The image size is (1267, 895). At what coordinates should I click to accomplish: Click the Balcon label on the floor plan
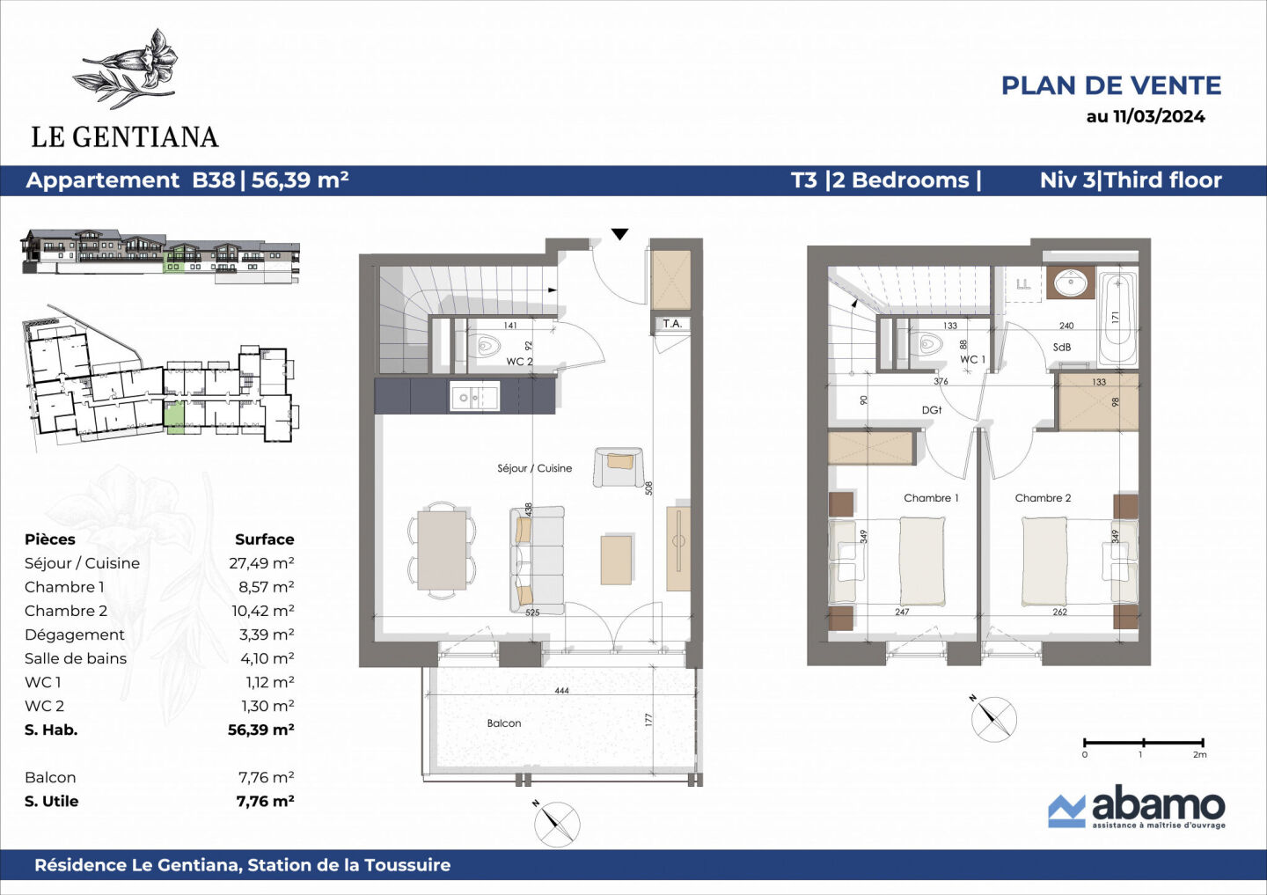[x=504, y=723]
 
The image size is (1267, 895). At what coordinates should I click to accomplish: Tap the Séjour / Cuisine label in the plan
[x=534, y=468]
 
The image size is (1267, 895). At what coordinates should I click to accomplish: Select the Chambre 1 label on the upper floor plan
[x=931, y=498]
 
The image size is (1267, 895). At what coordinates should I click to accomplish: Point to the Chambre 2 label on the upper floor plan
[x=1043, y=498]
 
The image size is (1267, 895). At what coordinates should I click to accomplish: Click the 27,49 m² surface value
[x=261, y=563]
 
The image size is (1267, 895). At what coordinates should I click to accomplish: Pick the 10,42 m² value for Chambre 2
[x=262, y=611]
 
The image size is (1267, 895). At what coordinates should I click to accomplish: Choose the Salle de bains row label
[x=76, y=658]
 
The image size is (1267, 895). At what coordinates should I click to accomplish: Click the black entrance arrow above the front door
[x=620, y=234]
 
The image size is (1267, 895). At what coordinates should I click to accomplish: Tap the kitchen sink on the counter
[x=474, y=397]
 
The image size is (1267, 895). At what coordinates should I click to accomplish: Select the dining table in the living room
[x=442, y=551]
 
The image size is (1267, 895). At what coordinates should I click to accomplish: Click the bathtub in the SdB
[x=1117, y=319]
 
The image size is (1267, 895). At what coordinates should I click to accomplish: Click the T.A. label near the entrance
[x=672, y=324]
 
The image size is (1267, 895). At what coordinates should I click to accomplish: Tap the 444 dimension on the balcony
[x=561, y=691]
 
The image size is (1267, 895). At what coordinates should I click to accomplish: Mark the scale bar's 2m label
[x=1199, y=755]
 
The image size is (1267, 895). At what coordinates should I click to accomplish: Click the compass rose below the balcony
[x=557, y=825]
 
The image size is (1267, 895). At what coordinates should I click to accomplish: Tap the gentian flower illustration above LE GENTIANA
[x=132, y=69]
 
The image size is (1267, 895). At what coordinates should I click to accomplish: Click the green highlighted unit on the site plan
[x=175, y=415]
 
